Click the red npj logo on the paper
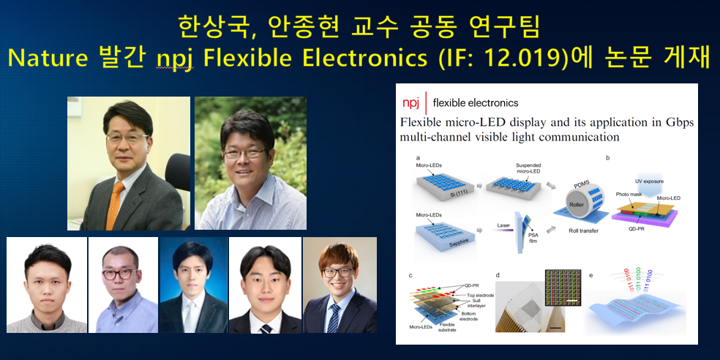(x=411, y=102)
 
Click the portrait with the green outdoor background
(x=250, y=163)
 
